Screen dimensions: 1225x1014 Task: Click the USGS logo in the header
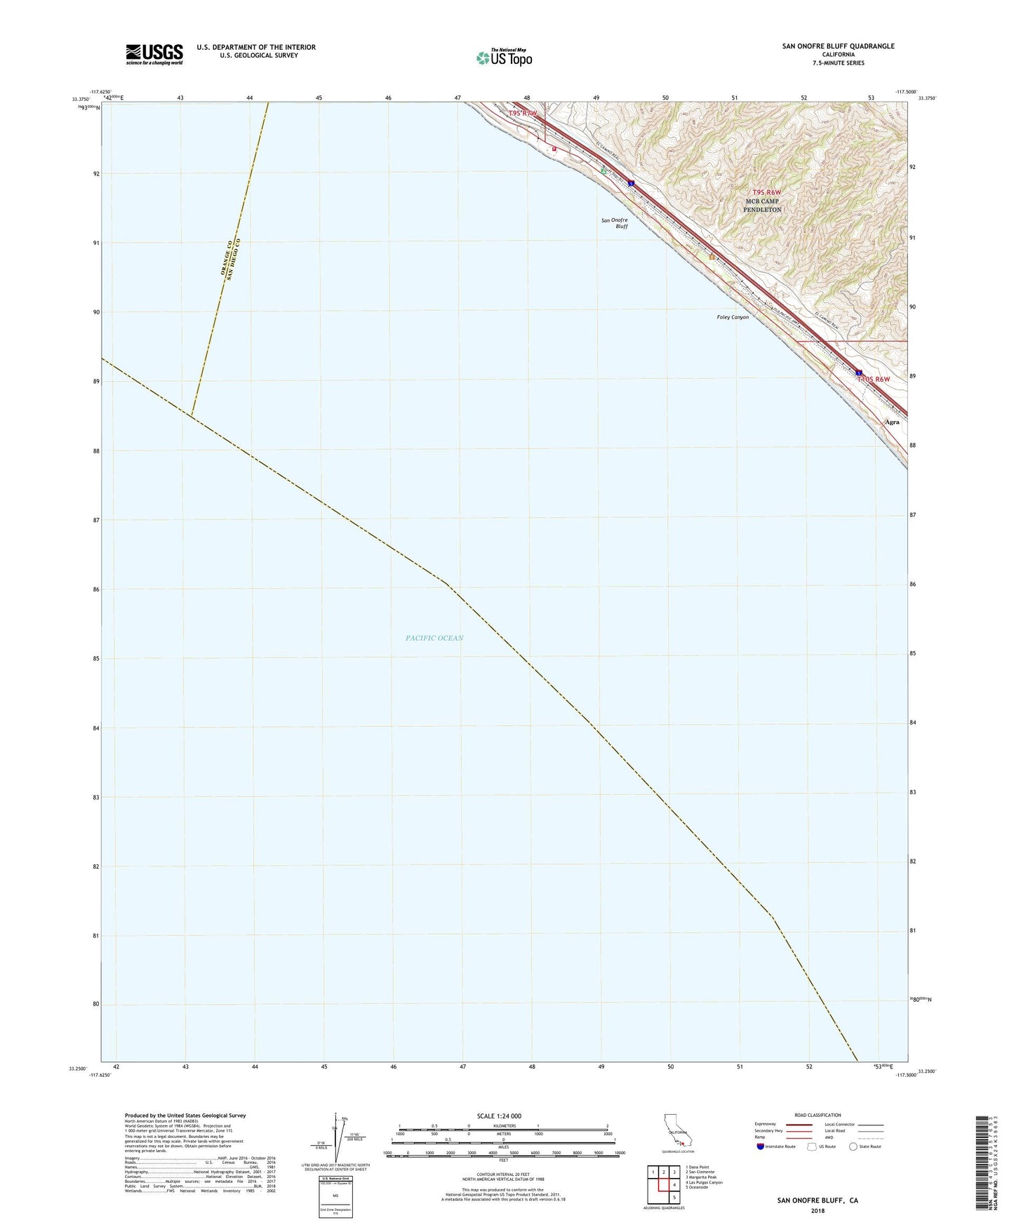[154, 54]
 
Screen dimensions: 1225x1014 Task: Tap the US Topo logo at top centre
[503, 57]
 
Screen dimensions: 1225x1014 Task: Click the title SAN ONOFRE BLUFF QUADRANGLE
[838, 46]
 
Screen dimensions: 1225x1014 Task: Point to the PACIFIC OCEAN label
[434, 638]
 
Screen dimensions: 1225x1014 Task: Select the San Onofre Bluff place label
[614, 223]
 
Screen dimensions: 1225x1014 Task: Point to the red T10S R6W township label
[873, 380]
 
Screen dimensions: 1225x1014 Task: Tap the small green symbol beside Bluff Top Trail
[603, 170]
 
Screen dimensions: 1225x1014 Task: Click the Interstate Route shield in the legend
[761, 1146]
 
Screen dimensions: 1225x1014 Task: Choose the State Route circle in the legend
[853, 1146]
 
